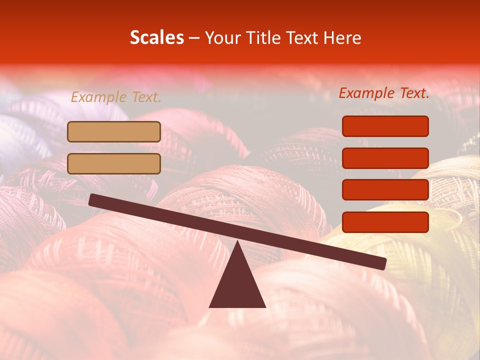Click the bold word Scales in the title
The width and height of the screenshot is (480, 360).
click(x=156, y=38)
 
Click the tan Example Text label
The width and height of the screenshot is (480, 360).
click(x=116, y=97)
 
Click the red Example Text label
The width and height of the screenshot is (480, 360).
click(x=384, y=93)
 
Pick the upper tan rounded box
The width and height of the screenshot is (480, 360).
click(x=114, y=131)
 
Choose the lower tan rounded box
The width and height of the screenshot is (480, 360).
click(x=114, y=163)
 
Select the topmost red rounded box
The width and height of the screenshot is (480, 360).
click(x=385, y=126)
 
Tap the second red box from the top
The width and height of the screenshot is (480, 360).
click(x=385, y=158)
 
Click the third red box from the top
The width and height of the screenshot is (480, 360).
click(x=385, y=190)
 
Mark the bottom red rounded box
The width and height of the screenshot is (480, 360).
click(x=385, y=222)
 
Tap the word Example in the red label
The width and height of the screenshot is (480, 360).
click(x=366, y=93)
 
